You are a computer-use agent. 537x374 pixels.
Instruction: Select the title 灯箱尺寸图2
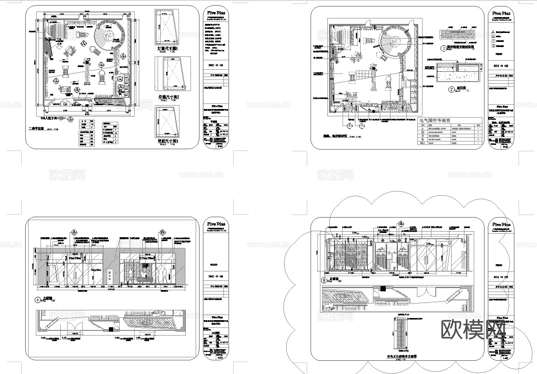168,97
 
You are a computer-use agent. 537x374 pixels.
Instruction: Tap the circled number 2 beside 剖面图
451,89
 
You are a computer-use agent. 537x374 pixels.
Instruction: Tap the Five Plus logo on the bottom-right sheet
502,224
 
